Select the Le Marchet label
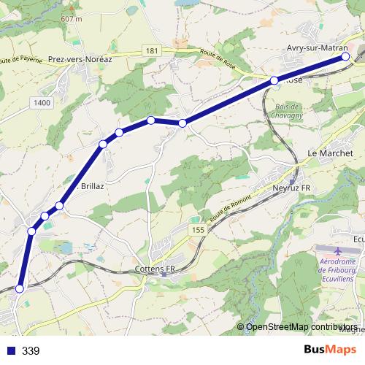click(330, 153)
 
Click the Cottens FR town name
click(156, 269)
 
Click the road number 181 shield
click(151, 50)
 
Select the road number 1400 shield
click(42, 104)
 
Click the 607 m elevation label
click(72, 18)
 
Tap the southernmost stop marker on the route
click(20, 289)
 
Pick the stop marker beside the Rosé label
click(274, 80)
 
